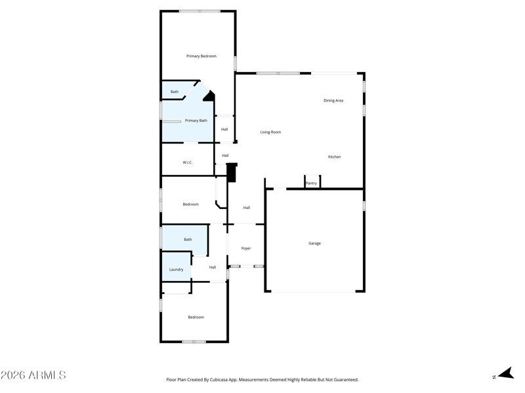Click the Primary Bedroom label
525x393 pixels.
tap(201, 56)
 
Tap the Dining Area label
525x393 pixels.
tap(333, 101)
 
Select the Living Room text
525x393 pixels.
tap(270, 132)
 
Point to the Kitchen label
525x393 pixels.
tap(335, 157)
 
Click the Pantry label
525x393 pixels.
tap(311, 183)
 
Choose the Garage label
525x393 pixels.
tap(315, 244)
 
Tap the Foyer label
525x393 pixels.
tap(246, 249)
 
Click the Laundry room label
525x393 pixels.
tap(176, 270)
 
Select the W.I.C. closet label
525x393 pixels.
tap(188, 162)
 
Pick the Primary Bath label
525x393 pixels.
tap(196, 121)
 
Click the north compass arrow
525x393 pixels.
tap(505, 373)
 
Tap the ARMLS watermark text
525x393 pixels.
tap(33, 375)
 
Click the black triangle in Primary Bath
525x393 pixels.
tap(209, 96)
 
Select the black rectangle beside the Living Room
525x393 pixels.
tap(231, 172)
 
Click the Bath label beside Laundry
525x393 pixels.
tap(188, 240)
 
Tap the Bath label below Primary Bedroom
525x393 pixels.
tap(175, 92)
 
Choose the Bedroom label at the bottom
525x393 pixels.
tap(196, 318)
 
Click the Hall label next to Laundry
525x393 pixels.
tap(213, 267)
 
